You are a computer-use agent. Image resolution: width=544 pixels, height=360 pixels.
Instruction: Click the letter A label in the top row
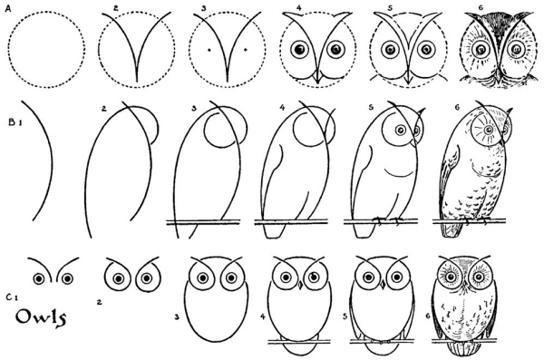point(7,9)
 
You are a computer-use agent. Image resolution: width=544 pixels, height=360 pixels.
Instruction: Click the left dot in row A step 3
point(209,50)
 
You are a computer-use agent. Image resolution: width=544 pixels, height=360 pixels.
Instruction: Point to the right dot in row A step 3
point(246,50)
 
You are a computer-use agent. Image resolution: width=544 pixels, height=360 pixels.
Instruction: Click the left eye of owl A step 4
point(299,50)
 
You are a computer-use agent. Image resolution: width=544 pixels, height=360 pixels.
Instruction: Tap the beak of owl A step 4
point(317,77)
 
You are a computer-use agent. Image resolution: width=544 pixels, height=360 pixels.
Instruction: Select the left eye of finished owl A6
point(481,49)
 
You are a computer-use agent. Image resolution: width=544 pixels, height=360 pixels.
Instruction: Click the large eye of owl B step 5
point(402,130)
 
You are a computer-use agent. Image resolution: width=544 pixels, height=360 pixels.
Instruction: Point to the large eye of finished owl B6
point(489,129)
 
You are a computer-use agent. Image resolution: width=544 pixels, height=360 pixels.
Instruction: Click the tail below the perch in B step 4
point(275,230)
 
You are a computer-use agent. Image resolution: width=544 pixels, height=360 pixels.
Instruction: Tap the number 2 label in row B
point(103,109)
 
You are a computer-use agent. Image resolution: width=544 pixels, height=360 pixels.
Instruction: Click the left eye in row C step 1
point(39,278)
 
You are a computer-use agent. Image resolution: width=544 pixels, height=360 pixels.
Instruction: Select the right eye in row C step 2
point(147,278)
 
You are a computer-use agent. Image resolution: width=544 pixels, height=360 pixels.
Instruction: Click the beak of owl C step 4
point(300,286)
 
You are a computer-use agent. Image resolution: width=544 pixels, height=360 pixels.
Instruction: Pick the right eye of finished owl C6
point(480,277)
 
